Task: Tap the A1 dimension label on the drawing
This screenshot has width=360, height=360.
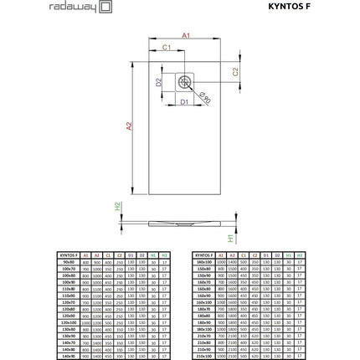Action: tap(186, 36)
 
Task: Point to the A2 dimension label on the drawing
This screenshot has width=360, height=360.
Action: tap(129, 126)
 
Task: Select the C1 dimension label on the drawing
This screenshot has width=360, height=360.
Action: tap(166, 49)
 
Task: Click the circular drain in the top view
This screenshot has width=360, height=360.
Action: tap(184, 81)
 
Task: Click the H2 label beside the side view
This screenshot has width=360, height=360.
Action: tap(118, 205)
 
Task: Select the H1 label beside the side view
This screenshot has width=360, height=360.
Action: tap(231, 238)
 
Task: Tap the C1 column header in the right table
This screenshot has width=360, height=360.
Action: tap(244, 255)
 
